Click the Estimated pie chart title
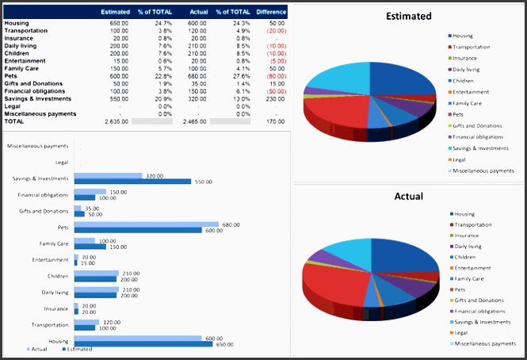[408, 16]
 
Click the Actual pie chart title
[408, 196]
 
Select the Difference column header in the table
[271, 12]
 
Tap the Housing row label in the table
[17, 23]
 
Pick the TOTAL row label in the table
[14, 121]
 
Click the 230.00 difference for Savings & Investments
[277, 98]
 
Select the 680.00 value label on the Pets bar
[231, 224]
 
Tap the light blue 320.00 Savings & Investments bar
[108, 175]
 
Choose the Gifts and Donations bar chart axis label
[44, 211]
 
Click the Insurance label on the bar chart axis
[55, 308]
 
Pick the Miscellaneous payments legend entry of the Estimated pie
[483, 170]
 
